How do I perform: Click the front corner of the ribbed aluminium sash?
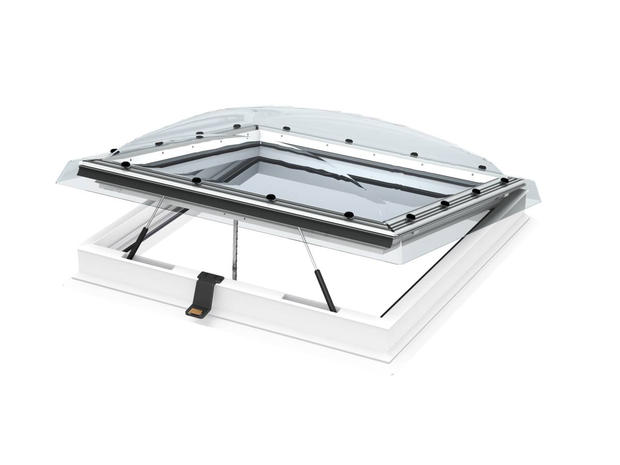[387, 237]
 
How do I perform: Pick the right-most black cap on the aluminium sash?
[505, 180]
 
